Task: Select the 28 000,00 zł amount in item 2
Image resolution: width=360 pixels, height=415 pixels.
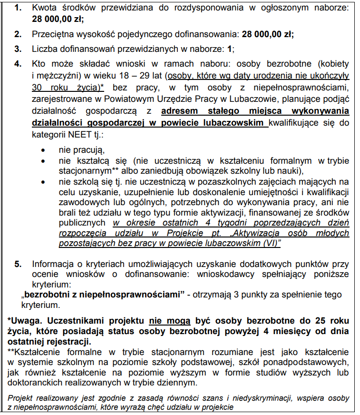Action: point(268,34)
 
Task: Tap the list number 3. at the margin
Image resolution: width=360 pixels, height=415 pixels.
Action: point(18,49)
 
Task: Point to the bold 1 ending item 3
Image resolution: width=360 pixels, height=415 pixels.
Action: point(230,49)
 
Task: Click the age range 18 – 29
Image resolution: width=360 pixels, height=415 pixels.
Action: point(146,76)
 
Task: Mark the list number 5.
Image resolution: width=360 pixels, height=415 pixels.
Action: point(18,264)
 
